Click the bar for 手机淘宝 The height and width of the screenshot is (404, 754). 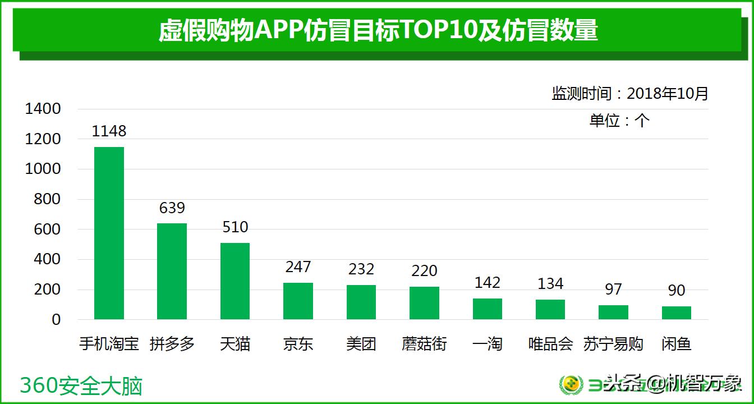point(109,233)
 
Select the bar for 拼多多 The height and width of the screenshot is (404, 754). point(172,271)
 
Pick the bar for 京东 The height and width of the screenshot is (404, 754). point(298,301)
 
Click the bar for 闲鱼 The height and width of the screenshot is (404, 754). point(676,313)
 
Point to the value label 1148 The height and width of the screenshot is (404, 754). point(109,131)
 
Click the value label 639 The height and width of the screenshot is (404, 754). point(172,208)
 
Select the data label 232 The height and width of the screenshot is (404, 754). point(361,269)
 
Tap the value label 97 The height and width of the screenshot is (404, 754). point(613,290)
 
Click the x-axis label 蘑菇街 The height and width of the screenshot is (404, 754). point(424,343)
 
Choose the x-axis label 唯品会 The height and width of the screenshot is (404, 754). point(550,343)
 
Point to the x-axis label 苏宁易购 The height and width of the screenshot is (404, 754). point(613,343)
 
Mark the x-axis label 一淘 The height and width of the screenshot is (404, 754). point(487,343)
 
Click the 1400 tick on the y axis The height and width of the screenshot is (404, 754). point(43,109)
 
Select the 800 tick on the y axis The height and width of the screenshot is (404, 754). point(47,199)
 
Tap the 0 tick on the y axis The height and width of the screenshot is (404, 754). point(56,320)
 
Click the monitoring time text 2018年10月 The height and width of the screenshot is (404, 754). point(667,94)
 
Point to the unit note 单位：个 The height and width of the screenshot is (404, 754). point(619,121)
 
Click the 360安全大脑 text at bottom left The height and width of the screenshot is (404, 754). point(81,385)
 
